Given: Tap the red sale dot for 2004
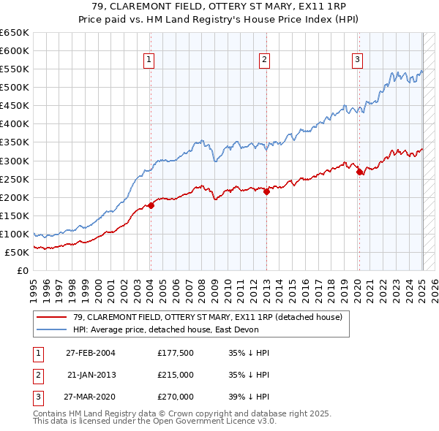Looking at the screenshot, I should pyautogui.click(x=151, y=205).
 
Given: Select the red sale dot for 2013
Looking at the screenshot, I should pyautogui.click(x=266, y=191).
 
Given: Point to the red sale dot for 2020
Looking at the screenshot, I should pyautogui.click(x=360, y=172).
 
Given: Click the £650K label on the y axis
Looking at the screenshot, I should pyautogui.click(x=15, y=33).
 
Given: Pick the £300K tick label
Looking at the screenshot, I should pyautogui.click(x=15, y=161).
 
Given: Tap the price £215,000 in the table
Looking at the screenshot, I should pyautogui.click(x=176, y=375).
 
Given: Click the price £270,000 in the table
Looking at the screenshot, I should pyautogui.click(x=176, y=397).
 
